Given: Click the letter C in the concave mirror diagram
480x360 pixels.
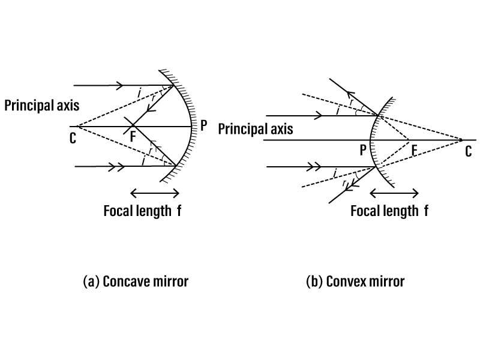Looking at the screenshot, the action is pos(73,139).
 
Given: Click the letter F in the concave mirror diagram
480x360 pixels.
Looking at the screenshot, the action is pos(133,137).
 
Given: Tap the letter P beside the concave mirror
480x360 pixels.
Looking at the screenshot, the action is pos(203,125).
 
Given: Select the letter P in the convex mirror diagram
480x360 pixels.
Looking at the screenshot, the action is pos(363,150).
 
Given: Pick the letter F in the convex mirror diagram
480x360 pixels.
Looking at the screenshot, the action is pos(414,151).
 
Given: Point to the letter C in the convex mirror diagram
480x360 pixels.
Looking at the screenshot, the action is pos(469,152).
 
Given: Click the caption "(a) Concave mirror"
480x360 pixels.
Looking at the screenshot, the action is pos(136,281).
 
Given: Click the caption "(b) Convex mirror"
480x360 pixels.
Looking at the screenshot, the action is pos(355,281).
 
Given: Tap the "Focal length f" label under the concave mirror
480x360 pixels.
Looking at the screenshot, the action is pos(142,211).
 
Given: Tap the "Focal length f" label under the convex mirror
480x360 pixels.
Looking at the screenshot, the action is pos(389,211).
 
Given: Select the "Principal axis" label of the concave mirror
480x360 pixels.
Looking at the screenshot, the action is pos(42,106).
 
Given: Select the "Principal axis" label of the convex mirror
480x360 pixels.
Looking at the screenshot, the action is pos(256,129).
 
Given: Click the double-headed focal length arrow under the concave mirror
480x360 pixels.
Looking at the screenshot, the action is pos(155,193).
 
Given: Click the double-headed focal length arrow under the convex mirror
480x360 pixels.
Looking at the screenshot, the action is pos(394,193).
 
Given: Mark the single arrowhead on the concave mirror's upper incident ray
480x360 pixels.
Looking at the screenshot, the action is pos(119,85).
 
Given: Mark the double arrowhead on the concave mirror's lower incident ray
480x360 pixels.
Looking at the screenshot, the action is pos(116,167).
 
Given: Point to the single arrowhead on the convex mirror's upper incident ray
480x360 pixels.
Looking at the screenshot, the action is pos(318,116).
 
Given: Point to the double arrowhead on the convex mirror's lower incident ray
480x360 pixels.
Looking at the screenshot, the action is pos(313,167).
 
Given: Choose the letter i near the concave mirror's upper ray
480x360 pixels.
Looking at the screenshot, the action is pos(139,92).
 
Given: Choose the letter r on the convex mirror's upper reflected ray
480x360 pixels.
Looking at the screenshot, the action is pos(352,102).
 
